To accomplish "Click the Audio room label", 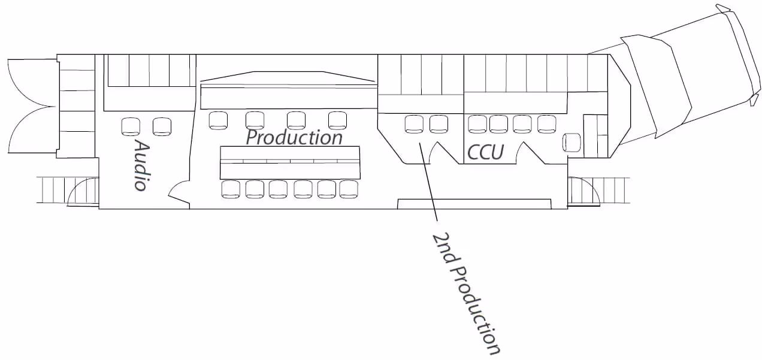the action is coord(140,165).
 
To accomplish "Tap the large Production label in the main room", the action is coord(294,137).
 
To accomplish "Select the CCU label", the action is coord(485,153).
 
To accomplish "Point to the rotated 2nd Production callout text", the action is coord(465,293).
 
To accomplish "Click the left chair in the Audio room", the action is coord(131,126).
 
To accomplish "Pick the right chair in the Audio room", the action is coord(162,126).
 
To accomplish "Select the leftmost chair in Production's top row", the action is coord(218,120).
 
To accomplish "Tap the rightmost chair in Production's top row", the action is coord(337,120).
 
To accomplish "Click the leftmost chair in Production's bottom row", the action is coord(231,189).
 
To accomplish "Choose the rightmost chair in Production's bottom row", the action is coord(348,189).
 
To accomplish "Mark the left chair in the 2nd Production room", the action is coord(414,124).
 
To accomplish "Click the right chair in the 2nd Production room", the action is coord(439,124).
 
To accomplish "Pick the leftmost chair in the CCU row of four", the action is coord(477,124).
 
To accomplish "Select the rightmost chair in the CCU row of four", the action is coord(546,124).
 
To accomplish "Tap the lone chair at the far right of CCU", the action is coord(571,143).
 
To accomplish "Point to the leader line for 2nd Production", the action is coord(428,180).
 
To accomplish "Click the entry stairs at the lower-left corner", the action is coord(66,190).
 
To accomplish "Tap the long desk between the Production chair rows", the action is coord(290,162).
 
